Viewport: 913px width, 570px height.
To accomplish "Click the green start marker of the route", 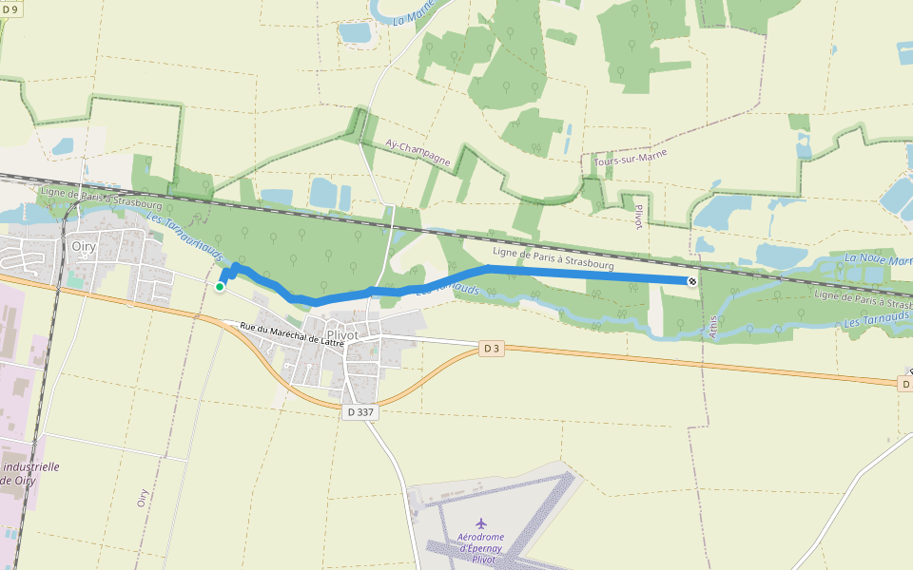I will (x=220, y=286).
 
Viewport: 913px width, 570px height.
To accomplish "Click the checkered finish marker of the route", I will (x=692, y=281).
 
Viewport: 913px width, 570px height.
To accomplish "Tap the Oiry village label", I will (x=83, y=245).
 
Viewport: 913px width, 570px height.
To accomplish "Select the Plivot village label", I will (x=342, y=335).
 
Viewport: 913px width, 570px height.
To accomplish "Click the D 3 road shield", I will (x=492, y=349).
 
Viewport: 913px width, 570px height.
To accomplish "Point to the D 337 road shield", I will (x=361, y=412).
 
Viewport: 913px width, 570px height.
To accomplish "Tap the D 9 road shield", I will (x=10, y=8).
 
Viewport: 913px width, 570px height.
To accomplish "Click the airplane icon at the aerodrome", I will (x=480, y=523).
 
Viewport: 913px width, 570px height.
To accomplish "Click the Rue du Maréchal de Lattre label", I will (x=290, y=329).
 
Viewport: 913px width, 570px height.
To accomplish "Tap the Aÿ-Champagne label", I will (x=418, y=151).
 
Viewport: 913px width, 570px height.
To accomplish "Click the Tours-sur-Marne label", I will (x=630, y=158).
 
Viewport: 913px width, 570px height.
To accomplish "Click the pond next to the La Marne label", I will (x=355, y=33).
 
